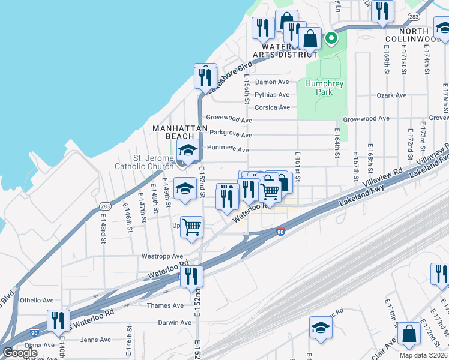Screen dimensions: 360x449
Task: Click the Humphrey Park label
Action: pos(324,88)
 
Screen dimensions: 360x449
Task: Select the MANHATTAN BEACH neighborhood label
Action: pos(175,132)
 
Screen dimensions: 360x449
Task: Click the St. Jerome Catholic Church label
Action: pos(145,162)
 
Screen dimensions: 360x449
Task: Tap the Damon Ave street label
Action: pos(272,82)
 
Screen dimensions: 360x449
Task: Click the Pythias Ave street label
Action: pos(272,95)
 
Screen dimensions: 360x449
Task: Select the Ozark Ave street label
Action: pos(392,95)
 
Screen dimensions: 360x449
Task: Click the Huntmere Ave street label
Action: pos(227,149)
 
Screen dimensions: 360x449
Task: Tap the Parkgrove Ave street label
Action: pos(230,136)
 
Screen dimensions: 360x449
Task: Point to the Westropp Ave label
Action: pos(162,256)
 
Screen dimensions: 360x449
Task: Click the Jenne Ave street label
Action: pos(96,340)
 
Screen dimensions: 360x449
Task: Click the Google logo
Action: pos(20,353)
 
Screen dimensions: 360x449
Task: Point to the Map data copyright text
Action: pos(424,355)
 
